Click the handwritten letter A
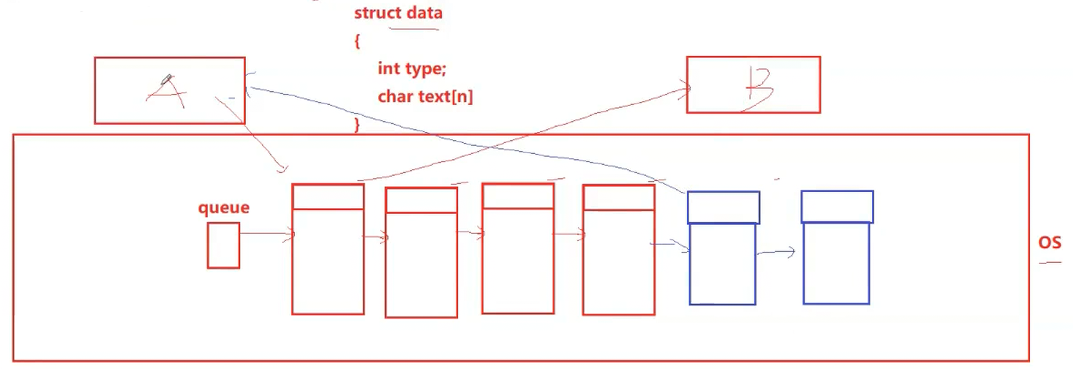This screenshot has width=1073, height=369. (x=167, y=92)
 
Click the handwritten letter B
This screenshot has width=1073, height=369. (x=758, y=89)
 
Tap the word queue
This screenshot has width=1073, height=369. (x=223, y=208)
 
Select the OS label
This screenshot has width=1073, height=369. (x=1049, y=243)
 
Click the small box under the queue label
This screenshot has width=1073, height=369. (x=223, y=246)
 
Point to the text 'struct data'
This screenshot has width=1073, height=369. (x=398, y=13)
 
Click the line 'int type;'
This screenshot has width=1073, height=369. (x=411, y=69)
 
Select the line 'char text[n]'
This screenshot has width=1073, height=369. (x=425, y=97)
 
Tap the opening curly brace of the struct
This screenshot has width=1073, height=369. (x=357, y=41)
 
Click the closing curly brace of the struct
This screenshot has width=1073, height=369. (x=357, y=125)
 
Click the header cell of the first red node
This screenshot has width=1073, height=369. (x=327, y=197)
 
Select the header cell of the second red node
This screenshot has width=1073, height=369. (x=421, y=200)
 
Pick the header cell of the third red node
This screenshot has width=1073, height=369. (x=517, y=196)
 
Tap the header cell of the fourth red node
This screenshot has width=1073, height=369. (x=618, y=197)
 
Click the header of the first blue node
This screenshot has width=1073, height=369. (x=723, y=208)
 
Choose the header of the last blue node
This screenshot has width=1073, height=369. (x=837, y=207)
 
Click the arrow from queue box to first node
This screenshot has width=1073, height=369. (x=266, y=234)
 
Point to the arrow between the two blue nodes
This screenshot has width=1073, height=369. (x=776, y=253)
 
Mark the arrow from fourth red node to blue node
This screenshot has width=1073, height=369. (x=671, y=244)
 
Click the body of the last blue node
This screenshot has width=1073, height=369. (x=836, y=263)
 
